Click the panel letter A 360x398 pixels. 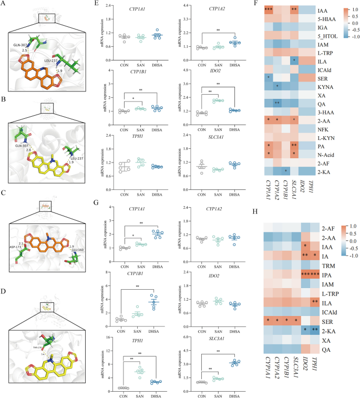pyautogui.click(x=4, y=4)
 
